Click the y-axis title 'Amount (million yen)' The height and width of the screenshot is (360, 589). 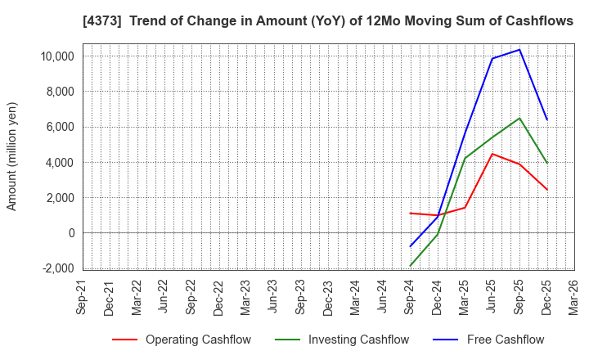12,156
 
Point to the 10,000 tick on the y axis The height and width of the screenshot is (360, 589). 54,56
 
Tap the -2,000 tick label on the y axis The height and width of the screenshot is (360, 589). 56,268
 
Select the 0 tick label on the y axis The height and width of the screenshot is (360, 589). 70,233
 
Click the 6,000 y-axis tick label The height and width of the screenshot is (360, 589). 57,127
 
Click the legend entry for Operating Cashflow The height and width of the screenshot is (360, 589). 182,340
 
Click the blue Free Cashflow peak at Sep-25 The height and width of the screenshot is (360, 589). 519,49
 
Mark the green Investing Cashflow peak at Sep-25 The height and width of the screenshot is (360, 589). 519,118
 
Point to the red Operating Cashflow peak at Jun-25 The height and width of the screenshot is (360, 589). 492,154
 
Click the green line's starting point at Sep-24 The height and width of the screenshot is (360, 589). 410,266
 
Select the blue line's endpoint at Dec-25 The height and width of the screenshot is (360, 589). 546,119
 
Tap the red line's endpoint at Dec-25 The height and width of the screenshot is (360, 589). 546,190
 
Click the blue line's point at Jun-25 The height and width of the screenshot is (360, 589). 492,58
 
